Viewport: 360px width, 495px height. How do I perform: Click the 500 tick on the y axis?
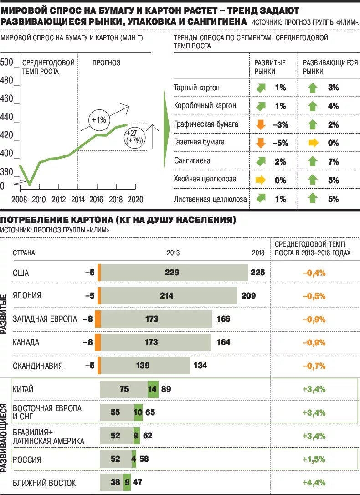[x=7, y=62]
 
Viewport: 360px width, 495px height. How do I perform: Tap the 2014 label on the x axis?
[x=78, y=199]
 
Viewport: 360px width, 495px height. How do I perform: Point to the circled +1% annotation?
[x=98, y=120]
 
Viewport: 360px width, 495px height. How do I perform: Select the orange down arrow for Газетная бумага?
[x=261, y=143]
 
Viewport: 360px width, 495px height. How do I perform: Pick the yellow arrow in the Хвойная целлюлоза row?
[x=261, y=180]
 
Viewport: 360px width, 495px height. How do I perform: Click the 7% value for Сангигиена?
[x=333, y=161]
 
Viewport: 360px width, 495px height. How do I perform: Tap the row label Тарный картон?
[x=197, y=88]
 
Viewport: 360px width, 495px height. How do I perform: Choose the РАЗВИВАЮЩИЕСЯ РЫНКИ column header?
[x=330, y=67]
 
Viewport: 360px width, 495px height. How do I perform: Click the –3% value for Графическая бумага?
[x=280, y=124]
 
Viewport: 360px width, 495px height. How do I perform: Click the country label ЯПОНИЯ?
[x=27, y=295]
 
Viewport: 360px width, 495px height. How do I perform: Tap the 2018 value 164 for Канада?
[x=223, y=342]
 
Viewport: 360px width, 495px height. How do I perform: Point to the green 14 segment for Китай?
[x=153, y=389]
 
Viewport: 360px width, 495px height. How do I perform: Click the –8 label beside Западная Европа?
[x=87, y=319]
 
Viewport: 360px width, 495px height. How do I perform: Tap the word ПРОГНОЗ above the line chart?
[x=107, y=63]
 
